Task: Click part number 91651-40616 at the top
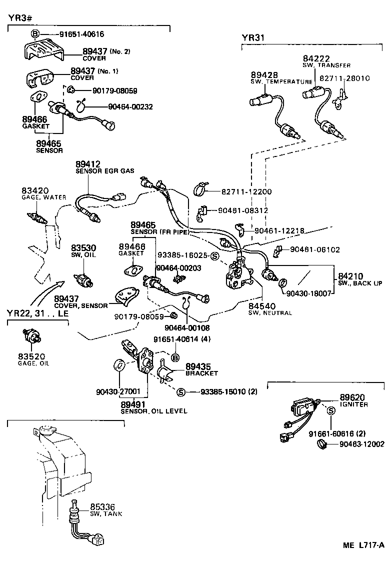coord(81,34)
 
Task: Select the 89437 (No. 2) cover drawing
coord(42,51)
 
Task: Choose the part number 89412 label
coord(88,163)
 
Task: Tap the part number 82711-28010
coord(344,78)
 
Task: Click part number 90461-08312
coord(243,210)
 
